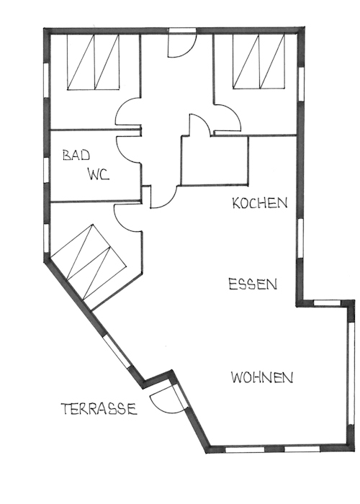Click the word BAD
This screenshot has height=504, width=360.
[76, 156]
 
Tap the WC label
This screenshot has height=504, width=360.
[99, 174]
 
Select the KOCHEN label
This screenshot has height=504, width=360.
[260, 203]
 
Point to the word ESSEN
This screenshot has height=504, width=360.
[253, 284]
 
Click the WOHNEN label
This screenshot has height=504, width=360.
[262, 377]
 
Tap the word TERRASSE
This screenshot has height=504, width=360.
[99, 408]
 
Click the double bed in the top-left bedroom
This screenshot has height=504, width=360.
[93, 62]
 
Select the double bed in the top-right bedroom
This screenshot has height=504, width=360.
[258, 61]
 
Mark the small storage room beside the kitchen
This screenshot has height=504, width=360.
[215, 161]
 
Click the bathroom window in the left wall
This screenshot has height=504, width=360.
[47, 170]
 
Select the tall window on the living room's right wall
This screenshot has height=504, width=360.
[351, 374]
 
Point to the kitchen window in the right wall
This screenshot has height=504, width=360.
[300, 238]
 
